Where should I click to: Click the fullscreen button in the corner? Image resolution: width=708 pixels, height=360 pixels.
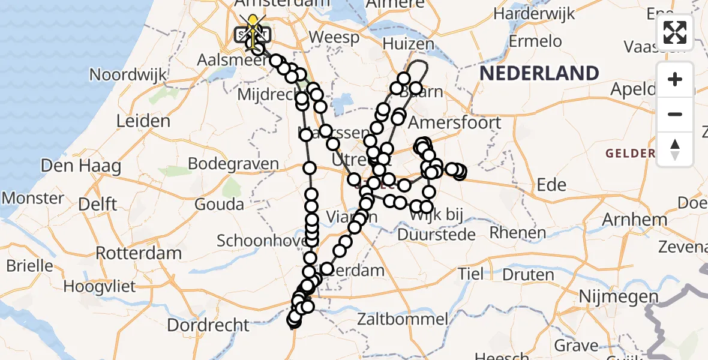pyautogui.click(x=675, y=32)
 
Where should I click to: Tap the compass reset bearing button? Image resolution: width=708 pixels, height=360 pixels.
pyautogui.click(x=675, y=149)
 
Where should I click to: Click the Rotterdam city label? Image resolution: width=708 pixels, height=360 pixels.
pyautogui.click(x=139, y=253)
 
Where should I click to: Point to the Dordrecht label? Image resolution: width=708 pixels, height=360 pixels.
pyautogui.click(x=208, y=325)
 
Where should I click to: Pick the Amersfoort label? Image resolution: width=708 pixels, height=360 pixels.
pyautogui.click(x=454, y=122)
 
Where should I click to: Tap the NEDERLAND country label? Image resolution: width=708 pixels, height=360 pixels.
pyautogui.click(x=539, y=74)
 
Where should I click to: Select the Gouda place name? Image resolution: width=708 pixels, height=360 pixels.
pyautogui.click(x=220, y=204)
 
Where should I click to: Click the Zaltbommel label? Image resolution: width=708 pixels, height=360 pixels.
pyautogui.click(x=403, y=319)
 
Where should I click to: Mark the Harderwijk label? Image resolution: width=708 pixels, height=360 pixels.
pyautogui.click(x=534, y=13)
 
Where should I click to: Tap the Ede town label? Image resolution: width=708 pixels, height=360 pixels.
pyautogui.click(x=551, y=185)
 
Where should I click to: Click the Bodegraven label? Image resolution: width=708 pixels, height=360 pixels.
pyautogui.click(x=233, y=164)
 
